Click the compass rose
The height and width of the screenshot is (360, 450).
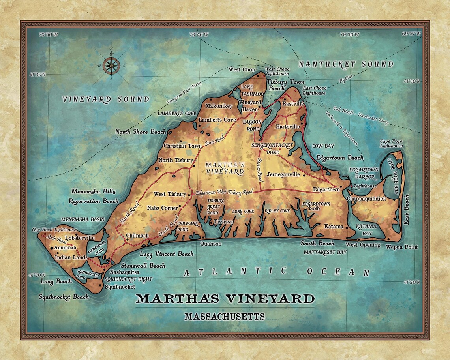point(111,65)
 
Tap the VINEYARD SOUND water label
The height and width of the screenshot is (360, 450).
point(106,99)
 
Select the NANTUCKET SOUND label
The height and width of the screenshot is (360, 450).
point(346,64)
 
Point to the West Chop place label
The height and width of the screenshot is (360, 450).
point(242,70)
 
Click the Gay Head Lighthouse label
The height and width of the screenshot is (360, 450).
point(55,230)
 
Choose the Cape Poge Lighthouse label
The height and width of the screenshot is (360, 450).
point(391,143)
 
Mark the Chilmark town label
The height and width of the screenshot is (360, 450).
point(137,236)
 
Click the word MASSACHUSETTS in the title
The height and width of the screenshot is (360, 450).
point(224,317)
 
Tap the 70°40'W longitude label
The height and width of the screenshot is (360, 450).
point(199,35)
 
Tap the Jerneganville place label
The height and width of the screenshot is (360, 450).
point(283,174)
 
